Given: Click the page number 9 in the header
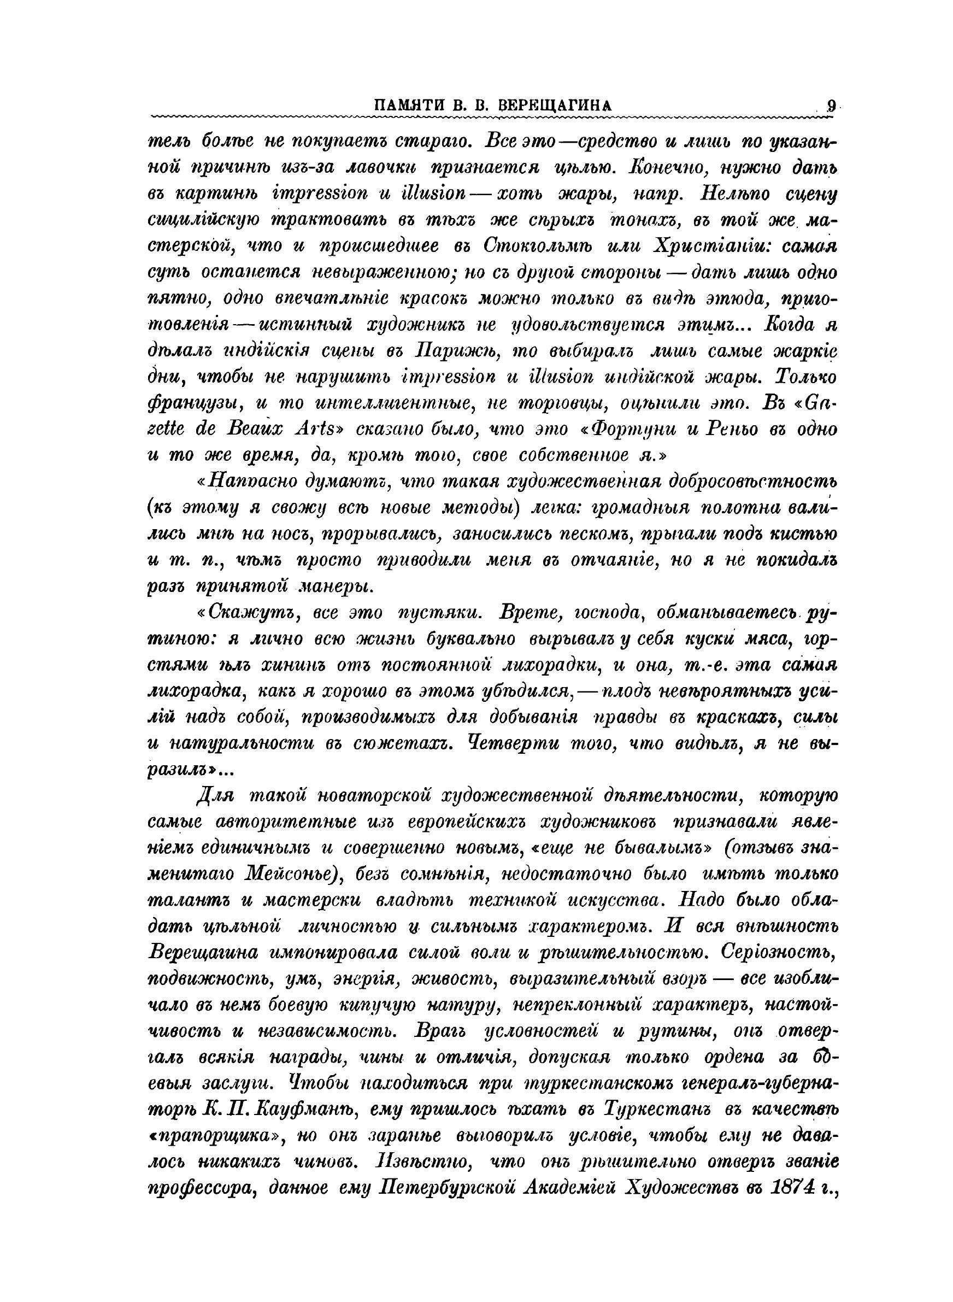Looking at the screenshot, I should tap(831, 106).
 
